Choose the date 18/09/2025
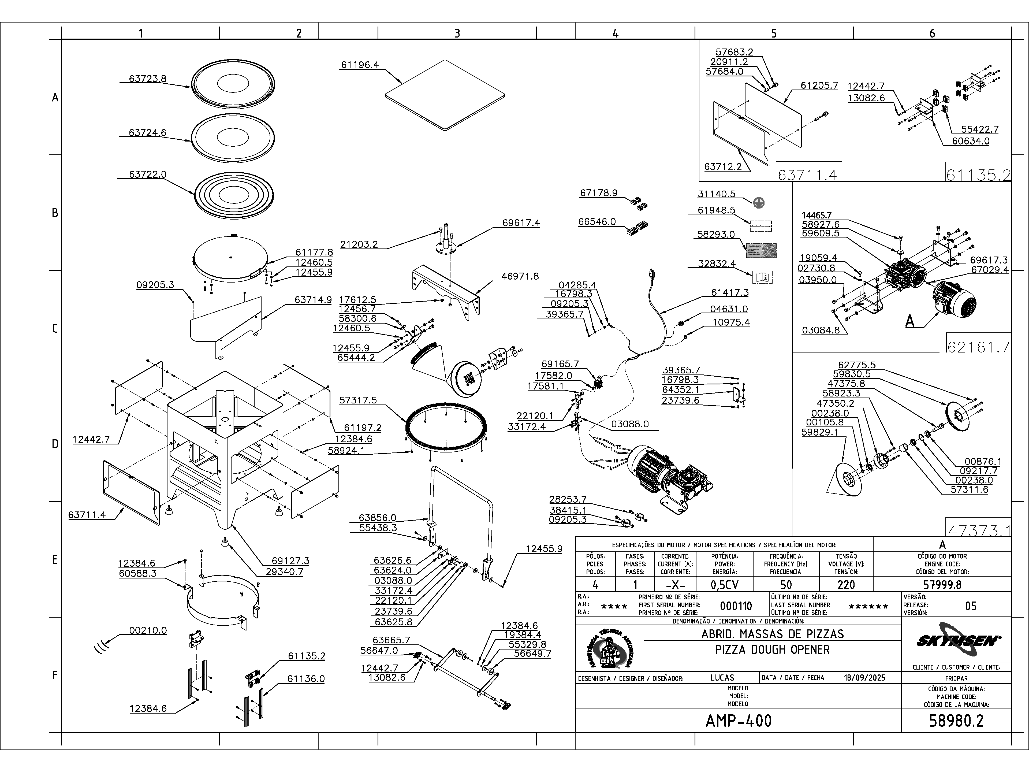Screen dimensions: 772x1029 point(864,678)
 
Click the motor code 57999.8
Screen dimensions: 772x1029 point(942,585)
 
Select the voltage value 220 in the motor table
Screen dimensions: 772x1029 point(846,585)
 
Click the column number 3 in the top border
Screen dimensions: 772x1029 point(457,33)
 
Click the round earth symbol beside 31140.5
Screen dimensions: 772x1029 point(759,202)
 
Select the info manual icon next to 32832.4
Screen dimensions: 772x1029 point(762,277)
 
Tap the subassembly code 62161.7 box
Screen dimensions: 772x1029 point(978,347)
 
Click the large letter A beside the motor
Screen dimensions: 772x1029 point(910,321)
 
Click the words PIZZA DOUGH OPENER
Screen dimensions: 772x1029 point(772,649)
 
